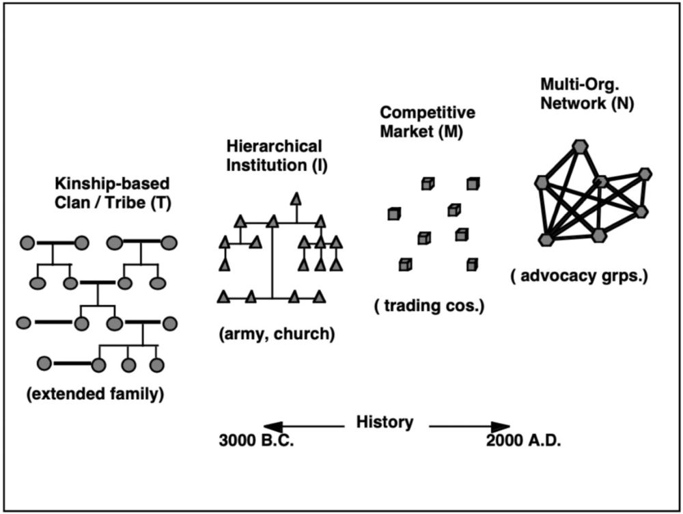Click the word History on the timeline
pos(385,422)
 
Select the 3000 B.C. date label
pos(257,441)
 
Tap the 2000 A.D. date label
pos(524,441)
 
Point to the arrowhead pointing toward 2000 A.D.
pos(501,427)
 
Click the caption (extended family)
pos(96,394)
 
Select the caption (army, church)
pos(277,334)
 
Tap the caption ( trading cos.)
pos(430,306)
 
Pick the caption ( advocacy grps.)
pos(579,276)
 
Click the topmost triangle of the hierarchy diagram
pos(296,198)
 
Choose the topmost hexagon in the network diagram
pos(580,146)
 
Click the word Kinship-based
pos(112,184)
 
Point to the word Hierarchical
pos(274,146)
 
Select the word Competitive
pos(428,113)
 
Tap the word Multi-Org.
pos(580,84)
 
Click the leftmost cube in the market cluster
pos(394,214)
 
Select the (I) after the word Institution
pos(320,165)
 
